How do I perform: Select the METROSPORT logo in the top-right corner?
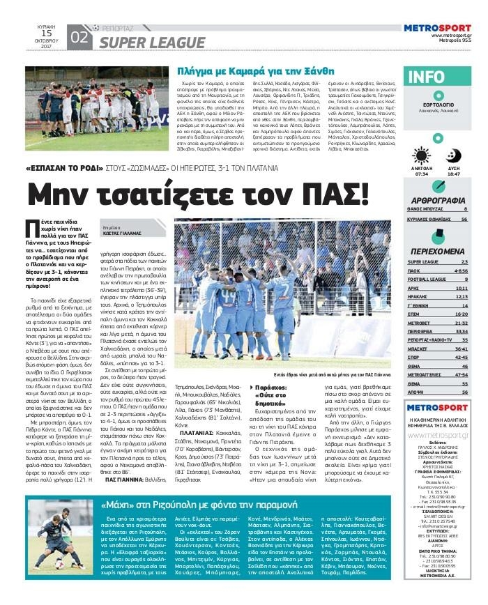coord(438,28)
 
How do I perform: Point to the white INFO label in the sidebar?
coord(426,77)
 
